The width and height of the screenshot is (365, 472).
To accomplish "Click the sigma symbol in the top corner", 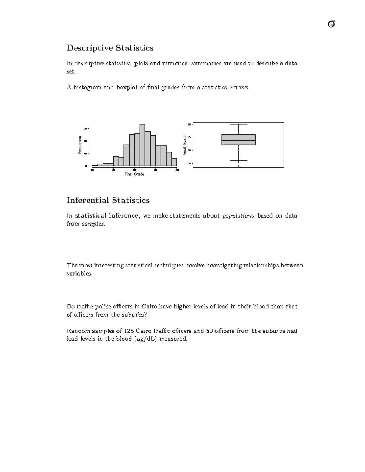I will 332,24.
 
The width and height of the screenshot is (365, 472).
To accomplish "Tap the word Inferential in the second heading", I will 88,200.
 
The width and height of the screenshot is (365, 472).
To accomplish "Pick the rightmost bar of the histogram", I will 174,162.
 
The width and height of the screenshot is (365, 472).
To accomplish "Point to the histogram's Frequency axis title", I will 80,145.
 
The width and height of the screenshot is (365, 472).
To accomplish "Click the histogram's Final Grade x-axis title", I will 134,174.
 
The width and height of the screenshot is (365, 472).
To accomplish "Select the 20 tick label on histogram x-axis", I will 92,170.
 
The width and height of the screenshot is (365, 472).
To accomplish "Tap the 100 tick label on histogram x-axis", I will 176,170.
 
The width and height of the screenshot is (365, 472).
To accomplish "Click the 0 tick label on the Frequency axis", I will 86,166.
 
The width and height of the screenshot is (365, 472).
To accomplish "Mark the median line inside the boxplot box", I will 238,140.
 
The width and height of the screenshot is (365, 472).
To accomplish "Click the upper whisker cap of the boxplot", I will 238,124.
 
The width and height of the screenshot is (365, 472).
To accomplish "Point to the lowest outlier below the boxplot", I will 238,166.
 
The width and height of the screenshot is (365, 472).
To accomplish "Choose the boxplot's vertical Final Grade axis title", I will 184,145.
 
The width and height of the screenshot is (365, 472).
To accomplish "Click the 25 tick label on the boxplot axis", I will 189,164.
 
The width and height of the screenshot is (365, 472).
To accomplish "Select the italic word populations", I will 238,216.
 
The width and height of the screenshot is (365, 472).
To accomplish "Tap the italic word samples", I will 93,224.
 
